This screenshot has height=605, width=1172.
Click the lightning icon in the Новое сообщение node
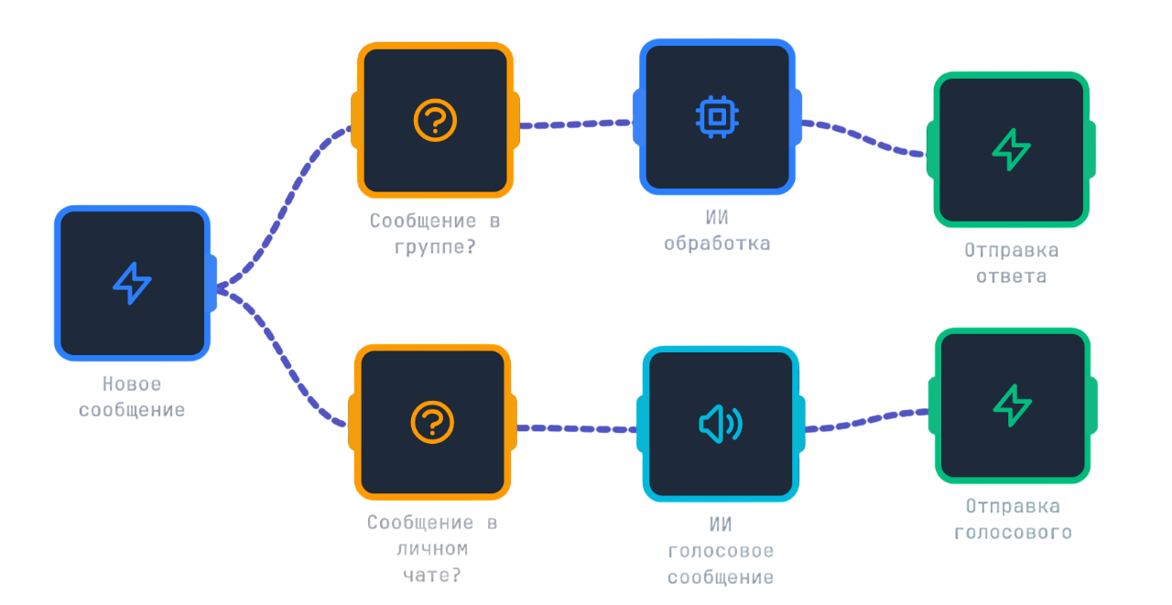point(132,283)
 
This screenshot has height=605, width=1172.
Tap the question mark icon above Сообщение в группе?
point(435,120)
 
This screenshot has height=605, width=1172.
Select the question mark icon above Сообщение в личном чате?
point(432,422)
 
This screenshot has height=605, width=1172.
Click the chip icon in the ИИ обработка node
point(718,117)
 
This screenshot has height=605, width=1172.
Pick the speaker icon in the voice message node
point(720,424)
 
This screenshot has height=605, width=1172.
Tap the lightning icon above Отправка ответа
point(1011,149)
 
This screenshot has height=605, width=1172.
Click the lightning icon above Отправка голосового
point(1012,405)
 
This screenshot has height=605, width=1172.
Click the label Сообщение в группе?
point(435,233)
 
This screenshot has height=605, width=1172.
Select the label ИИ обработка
point(717,232)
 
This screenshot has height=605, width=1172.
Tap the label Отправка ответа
point(1011,263)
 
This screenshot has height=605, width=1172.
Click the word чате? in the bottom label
point(431,575)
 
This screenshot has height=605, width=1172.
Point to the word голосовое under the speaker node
point(720,551)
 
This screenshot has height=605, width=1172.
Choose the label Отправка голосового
point(1013,519)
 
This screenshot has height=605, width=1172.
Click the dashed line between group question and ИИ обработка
point(577,124)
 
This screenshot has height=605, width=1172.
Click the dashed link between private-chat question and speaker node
point(577,427)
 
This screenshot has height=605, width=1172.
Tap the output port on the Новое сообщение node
point(212,283)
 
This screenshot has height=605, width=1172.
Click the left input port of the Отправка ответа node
point(930,149)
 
